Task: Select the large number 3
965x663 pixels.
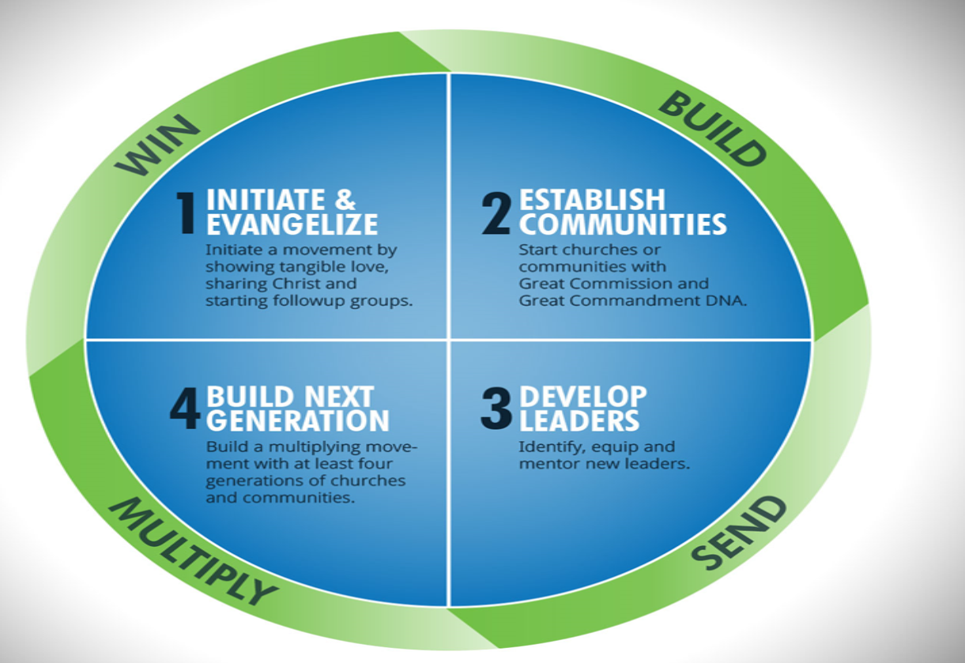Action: [496, 408]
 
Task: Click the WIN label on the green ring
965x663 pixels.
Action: [157, 145]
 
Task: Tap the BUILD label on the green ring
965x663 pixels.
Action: [712, 129]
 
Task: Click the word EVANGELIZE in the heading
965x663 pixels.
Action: [292, 224]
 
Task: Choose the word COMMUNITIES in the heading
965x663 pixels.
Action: [623, 224]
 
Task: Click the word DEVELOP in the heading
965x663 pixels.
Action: [582, 396]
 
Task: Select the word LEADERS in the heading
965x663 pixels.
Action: [579, 420]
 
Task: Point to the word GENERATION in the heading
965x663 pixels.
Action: [298, 420]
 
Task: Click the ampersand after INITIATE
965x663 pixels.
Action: [345, 200]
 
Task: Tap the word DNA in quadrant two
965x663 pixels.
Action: [730, 300]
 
